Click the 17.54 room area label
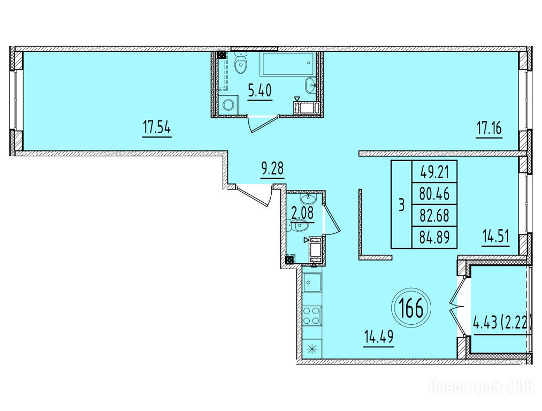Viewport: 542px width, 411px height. click(x=157, y=130)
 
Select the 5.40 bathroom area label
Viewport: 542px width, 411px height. click(x=259, y=92)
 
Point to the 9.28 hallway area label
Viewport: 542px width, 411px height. click(x=272, y=170)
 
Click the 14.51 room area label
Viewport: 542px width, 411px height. click(x=495, y=238)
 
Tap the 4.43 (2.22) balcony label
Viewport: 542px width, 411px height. click(x=501, y=324)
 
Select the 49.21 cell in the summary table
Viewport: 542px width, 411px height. click(x=434, y=172)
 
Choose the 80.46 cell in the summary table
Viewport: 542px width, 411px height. click(x=434, y=194)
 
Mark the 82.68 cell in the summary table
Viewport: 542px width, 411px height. click(x=434, y=216)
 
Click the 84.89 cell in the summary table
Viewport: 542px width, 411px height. click(x=434, y=238)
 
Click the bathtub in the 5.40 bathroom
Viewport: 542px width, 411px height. click(x=287, y=64)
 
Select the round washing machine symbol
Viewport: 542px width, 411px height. click(x=228, y=105)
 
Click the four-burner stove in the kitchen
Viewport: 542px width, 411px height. click(x=312, y=316)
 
